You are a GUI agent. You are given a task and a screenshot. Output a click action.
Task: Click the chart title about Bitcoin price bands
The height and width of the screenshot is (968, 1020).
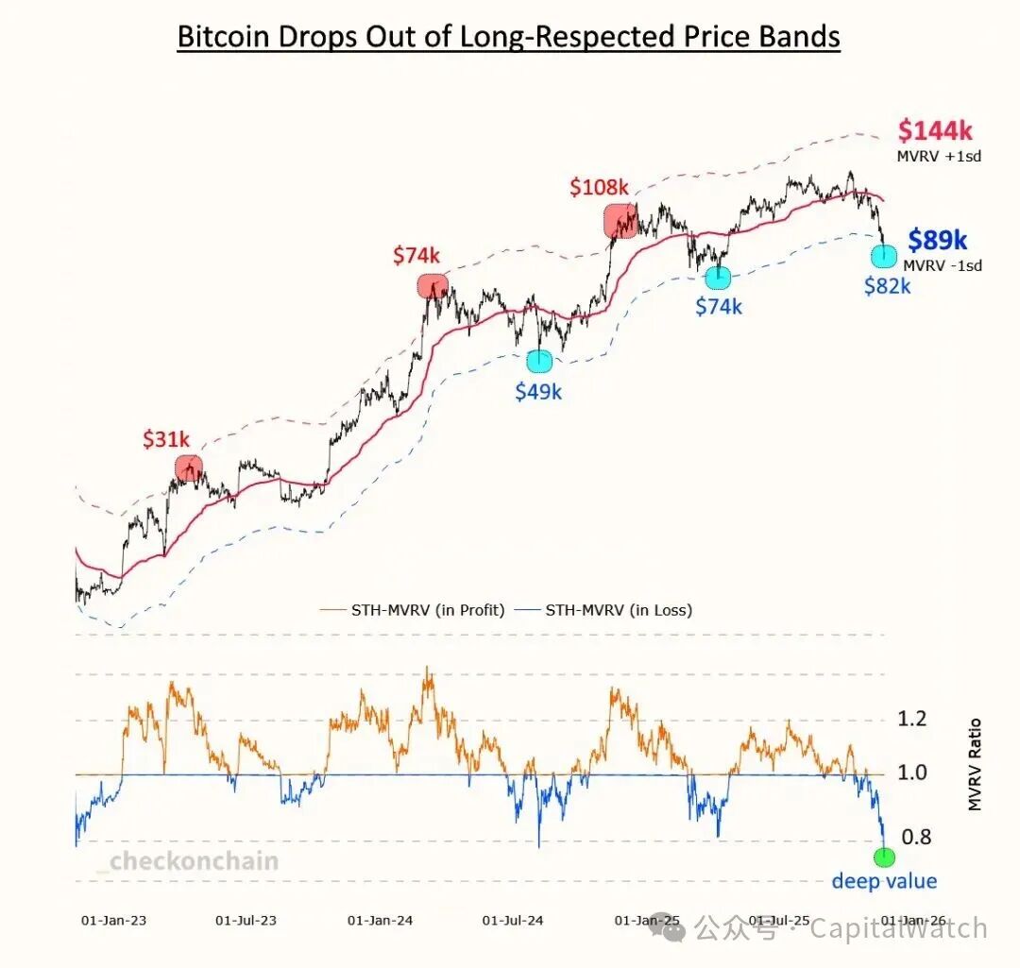pyautogui.click(x=509, y=37)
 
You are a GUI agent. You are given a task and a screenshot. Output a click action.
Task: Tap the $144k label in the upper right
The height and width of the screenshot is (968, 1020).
pyautogui.click(x=935, y=130)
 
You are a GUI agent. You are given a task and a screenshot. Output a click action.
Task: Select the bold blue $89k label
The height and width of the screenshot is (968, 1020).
pyautogui.click(x=937, y=241)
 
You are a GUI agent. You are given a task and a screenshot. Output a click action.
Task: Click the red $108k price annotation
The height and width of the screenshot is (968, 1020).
pyautogui.click(x=598, y=188)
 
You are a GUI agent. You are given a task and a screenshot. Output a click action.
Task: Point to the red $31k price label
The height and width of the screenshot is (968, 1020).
pyautogui.click(x=166, y=439)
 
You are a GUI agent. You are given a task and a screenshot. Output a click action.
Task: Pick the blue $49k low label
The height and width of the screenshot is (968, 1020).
pyautogui.click(x=538, y=391)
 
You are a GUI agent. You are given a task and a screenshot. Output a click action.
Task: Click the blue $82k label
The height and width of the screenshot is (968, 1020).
pyautogui.click(x=887, y=286)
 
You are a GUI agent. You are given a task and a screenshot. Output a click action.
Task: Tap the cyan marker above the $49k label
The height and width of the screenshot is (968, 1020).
pyautogui.click(x=539, y=361)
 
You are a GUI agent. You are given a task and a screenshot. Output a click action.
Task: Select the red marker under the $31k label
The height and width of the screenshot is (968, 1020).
pyautogui.click(x=189, y=467)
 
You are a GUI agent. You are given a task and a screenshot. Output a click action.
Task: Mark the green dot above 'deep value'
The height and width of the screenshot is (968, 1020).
pyautogui.click(x=884, y=857)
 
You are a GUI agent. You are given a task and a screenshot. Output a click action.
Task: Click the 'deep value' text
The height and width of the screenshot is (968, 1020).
pyautogui.click(x=884, y=881)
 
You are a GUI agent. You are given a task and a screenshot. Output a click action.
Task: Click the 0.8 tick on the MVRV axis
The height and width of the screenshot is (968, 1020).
pyautogui.click(x=916, y=837)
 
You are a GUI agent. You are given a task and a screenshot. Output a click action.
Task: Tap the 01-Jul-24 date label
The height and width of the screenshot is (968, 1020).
pyautogui.click(x=512, y=919)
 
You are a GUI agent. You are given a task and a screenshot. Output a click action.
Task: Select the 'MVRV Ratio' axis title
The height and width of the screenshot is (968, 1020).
pyautogui.click(x=976, y=765)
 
